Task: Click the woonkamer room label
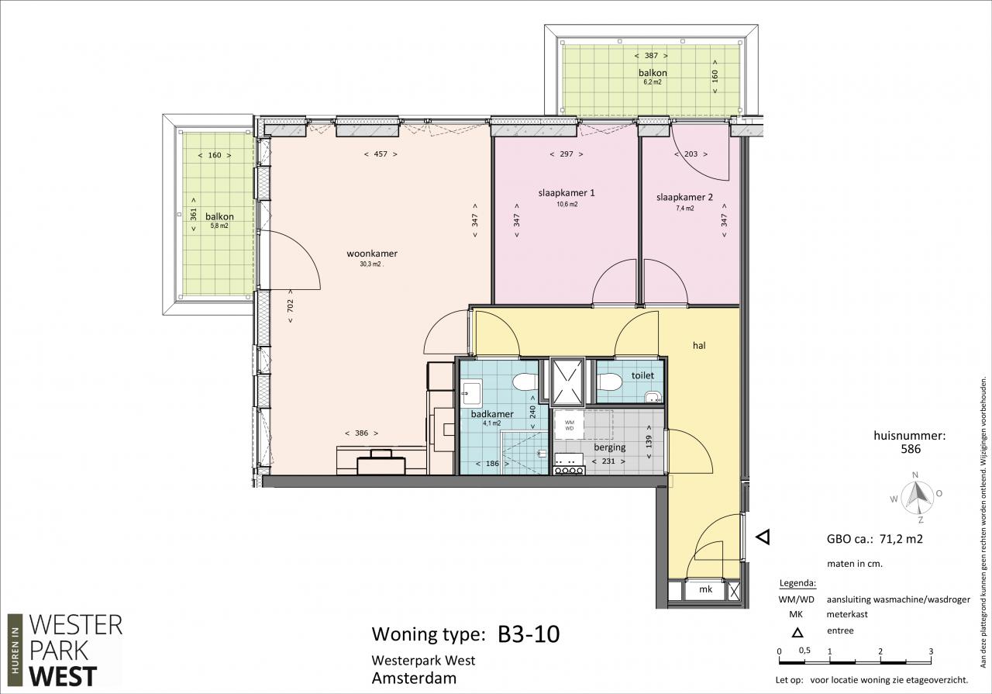(372, 254)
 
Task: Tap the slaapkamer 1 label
(567, 193)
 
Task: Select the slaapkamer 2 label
(684, 197)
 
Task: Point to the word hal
(699, 345)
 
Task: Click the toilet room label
(642, 375)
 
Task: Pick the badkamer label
(492, 414)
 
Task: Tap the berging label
(610, 447)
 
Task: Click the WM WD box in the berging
(569, 426)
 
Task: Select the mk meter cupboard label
(705, 589)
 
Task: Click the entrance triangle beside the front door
(763, 537)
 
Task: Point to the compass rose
(917, 496)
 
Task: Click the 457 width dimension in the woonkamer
(381, 154)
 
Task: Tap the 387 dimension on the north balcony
(651, 56)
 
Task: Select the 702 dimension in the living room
(291, 306)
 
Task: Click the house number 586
(911, 449)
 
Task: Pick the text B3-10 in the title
(529, 634)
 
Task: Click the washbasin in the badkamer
(470, 393)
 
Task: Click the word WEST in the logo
(63, 676)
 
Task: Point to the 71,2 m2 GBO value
(901, 539)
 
